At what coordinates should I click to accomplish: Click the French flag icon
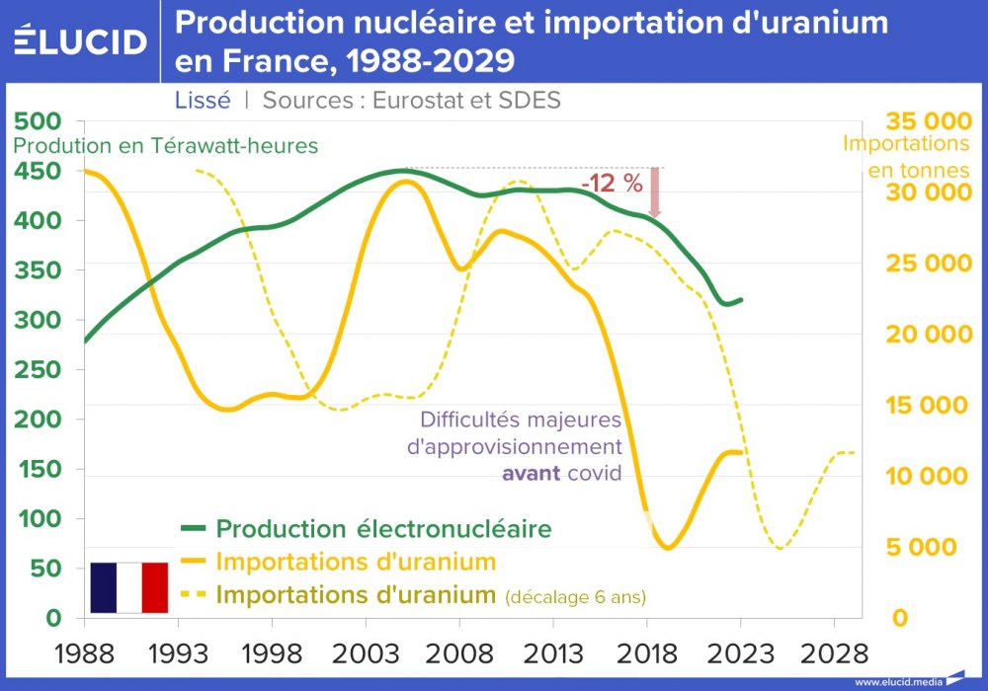tap(129, 587)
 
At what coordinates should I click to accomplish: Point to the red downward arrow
tap(654, 192)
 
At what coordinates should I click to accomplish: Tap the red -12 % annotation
tap(612, 184)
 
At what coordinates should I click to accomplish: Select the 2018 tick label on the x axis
tap(647, 653)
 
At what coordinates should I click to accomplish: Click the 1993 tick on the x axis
tap(178, 653)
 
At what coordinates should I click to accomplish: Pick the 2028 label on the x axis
tap(835, 653)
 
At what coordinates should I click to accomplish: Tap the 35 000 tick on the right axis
tap(929, 121)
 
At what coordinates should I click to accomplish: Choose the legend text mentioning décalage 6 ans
tap(576, 597)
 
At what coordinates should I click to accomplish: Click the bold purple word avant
tap(532, 473)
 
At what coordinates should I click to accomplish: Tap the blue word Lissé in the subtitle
tap(203, 100)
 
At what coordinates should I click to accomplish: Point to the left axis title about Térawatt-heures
tap(165, 145)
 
